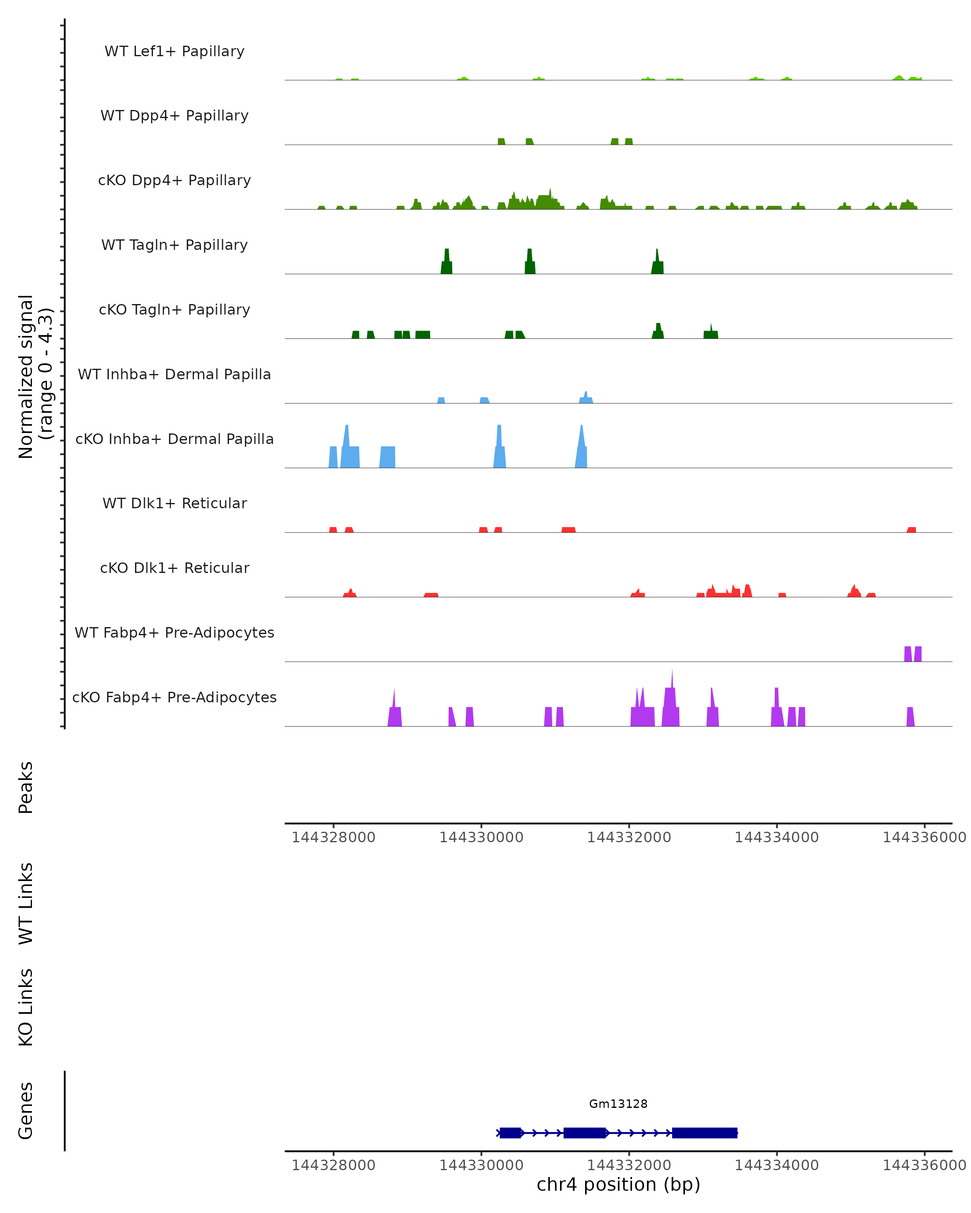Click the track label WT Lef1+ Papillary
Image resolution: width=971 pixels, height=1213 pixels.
click(174, 51)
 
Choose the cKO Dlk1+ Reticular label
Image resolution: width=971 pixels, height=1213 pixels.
click(174, 568)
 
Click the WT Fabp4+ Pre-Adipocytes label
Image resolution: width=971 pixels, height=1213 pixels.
click(174, 632)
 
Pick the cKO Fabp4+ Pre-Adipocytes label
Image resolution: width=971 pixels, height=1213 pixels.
click(174, 697)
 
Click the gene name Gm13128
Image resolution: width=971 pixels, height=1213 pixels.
click(618, 1104)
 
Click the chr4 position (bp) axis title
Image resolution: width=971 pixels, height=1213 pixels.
click(618, 1184)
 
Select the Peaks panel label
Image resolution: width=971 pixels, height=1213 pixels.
click(26, 787)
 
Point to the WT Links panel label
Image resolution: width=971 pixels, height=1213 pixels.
click(26, 903)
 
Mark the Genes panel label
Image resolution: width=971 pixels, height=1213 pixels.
click(26, 1111)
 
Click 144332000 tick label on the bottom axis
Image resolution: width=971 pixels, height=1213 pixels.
click(629, 1165)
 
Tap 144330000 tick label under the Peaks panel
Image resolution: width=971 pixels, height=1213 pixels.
click(481, 837)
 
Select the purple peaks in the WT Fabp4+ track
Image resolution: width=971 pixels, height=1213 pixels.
click(912, 654)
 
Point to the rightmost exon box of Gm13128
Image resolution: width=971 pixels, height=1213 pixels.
click(704, 1133)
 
